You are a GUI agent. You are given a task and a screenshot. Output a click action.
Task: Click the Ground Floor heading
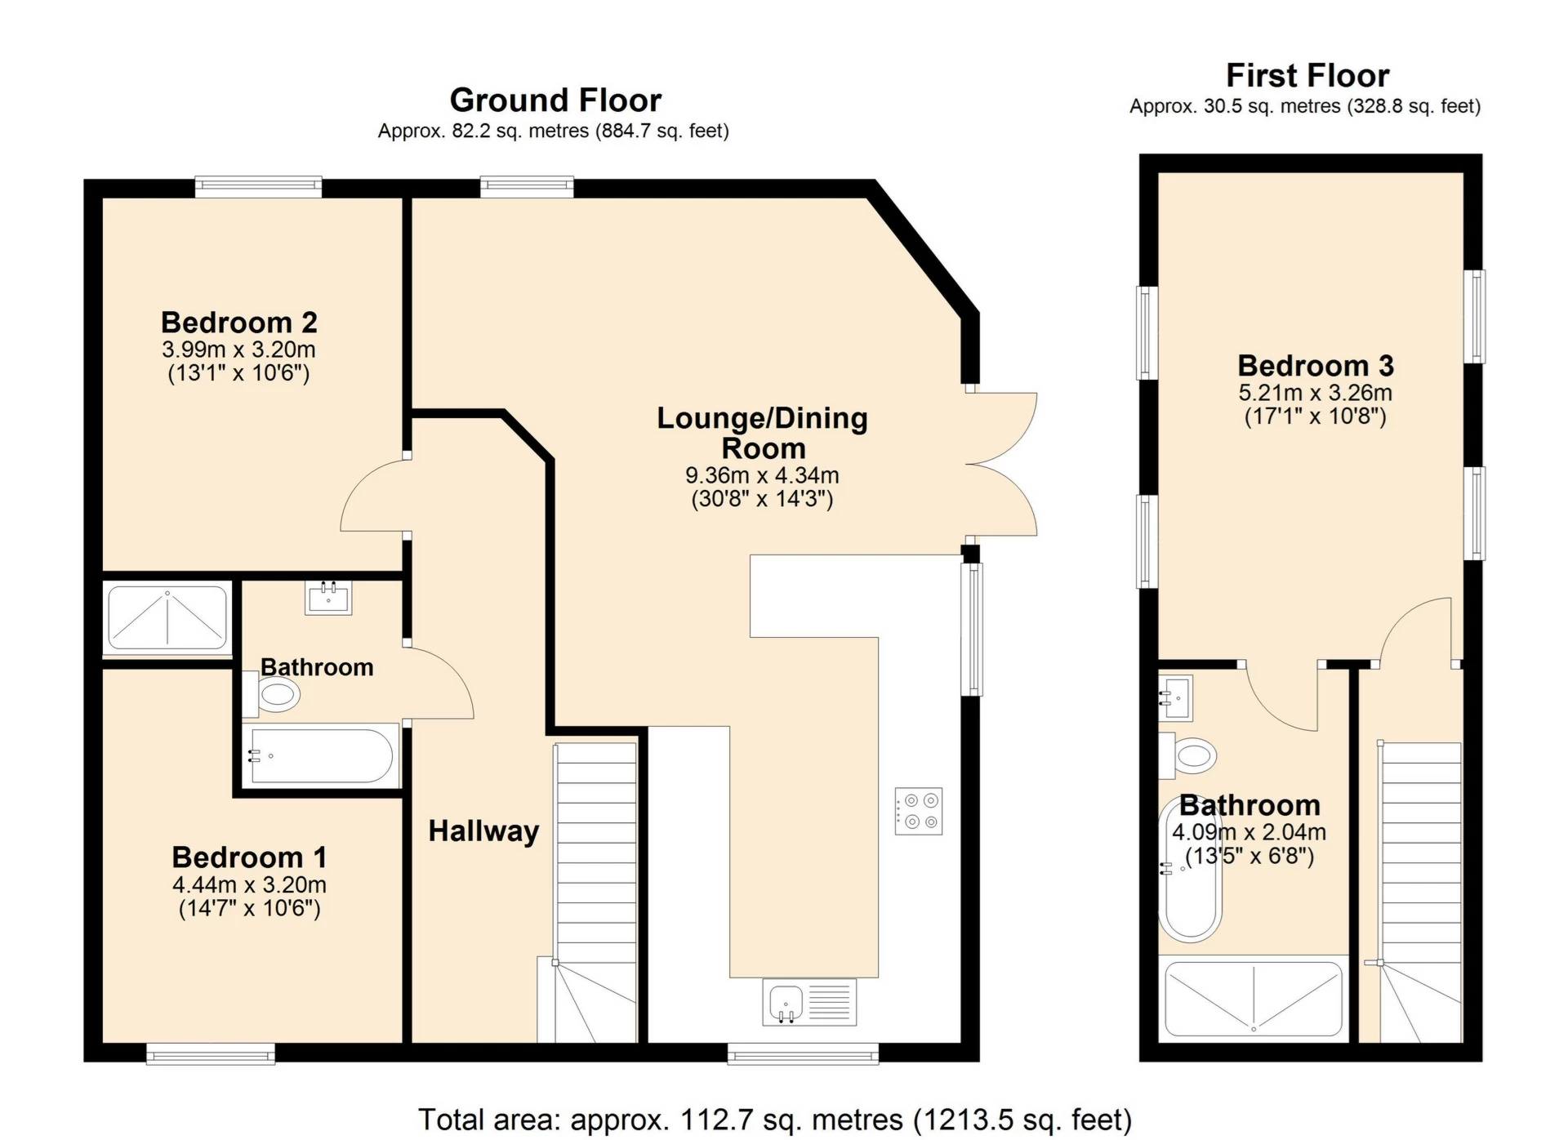pyautogui.click(x=555, y=100)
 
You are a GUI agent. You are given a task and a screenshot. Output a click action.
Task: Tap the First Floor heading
pyautogui.click(x=1307, y=76)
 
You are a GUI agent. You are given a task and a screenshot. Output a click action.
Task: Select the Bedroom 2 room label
pyautogui.click(x=238, y=323)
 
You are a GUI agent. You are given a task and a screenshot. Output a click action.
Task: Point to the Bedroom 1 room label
pyautogui.click(x=249, y=857)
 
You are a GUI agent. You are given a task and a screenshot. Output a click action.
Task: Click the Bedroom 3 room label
pyautogui.click(x=1316, y=365)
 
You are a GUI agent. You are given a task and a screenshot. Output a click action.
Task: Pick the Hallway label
pyautogui.click(x=483, y=831)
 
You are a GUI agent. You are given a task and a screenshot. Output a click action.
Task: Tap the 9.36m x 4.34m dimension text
pyautogui.click(x=762, y=475)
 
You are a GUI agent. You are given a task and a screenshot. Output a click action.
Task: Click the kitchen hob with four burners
pyautogui.click(x=919, y=811)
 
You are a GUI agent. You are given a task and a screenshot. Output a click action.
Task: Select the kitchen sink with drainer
pyautogui.click(x=809, y=1002)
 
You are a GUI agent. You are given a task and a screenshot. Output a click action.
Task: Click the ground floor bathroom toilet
pyautogui.click(x=272, y=695)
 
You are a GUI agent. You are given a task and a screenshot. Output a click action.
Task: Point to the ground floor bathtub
pyautogui.click(x=321, y=756)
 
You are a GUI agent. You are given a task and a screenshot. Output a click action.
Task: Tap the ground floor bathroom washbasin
pyautogui.click(x=328, y=598)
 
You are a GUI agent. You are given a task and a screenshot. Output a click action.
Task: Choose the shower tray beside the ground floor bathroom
pyautogui.click(x=167, y=618)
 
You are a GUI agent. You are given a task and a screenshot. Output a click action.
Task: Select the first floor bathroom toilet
pyautogui.click(x=1188, y=755)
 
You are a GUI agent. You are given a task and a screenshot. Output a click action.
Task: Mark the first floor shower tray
pyautogui.click(x=1254, y=999)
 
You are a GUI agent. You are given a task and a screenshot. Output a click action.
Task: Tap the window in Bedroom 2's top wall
pyautogui.click(x=258, y=187)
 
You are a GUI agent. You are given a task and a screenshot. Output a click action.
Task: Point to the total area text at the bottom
pyautogui.click(x=775, y=1120)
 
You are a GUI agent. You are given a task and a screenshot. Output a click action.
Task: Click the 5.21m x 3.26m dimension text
pyautogui.click(x=1315, y=393)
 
